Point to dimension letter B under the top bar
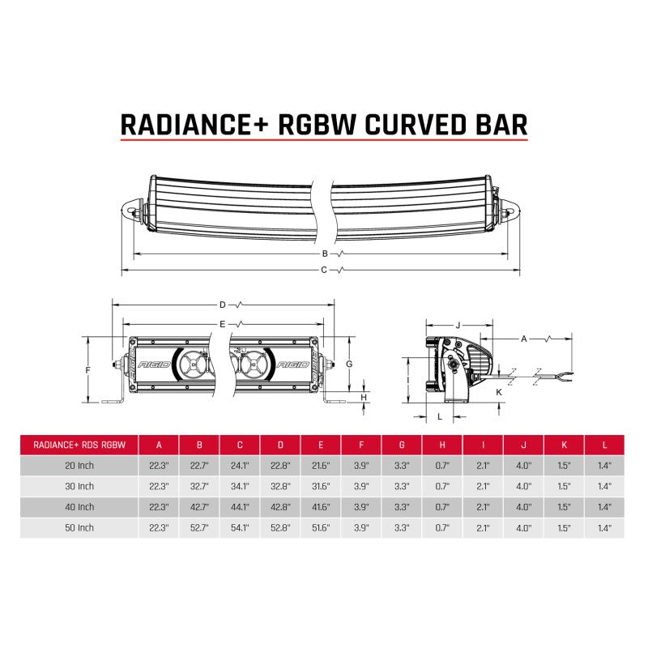click(x=325, y=254)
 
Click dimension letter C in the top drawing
click(x=324, y=269)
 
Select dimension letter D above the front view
click(x=222, y=305)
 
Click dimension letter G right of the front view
click(x=348, y=364)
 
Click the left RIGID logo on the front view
click(x=156, y=365)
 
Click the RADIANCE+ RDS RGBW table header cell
click(x=79, y=444)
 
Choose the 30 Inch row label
click(x=79, y=486)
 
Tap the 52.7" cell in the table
click(x=200, y=527)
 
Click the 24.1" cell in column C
click(x=241, y=465)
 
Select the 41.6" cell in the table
click(x=321, y=506)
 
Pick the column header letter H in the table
click(x=442, y=444)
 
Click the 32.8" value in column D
click(x=281, y=486)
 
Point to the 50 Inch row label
click(x=79, y=527)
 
